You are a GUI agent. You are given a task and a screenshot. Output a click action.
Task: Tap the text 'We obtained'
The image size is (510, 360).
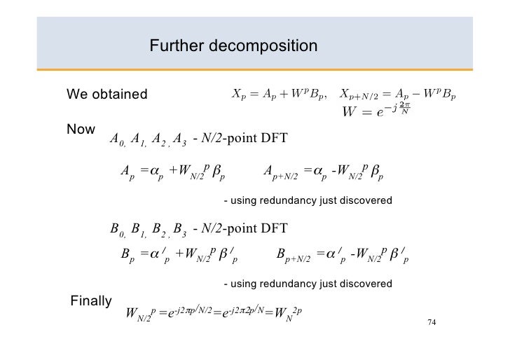pos(106,95)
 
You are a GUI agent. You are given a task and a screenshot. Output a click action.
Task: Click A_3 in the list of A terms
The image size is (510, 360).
pos(179,139)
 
